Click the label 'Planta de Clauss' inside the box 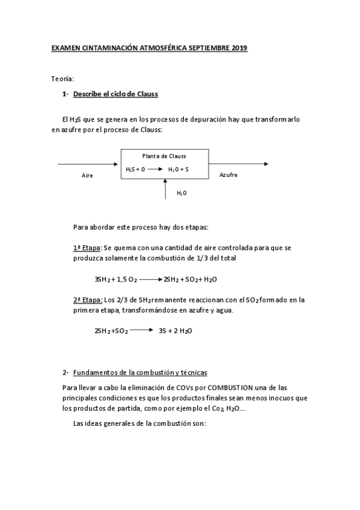164,156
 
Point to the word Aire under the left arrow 88,176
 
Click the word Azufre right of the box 228,174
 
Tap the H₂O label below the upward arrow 182,193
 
